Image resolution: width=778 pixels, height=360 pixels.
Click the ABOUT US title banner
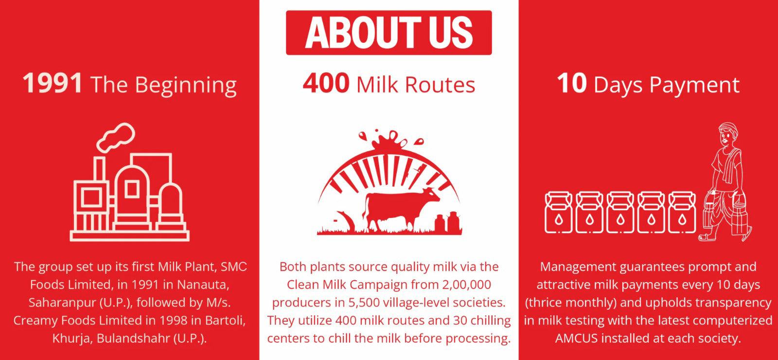(x=389, y=33)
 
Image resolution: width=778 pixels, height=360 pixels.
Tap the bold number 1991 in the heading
(x=53, y=83)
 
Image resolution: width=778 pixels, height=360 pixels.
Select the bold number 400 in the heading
(x=326, y=83)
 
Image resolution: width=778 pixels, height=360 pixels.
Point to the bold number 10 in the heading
(x=572, y=83)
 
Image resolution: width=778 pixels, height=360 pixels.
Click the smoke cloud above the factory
(x=116, y=138)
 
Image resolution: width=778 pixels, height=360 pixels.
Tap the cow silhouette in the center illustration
(x=399, y=209)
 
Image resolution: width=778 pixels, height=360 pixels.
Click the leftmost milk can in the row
(x=558, y=212)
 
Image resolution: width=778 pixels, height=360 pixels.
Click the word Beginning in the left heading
(x=185, y=86)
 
